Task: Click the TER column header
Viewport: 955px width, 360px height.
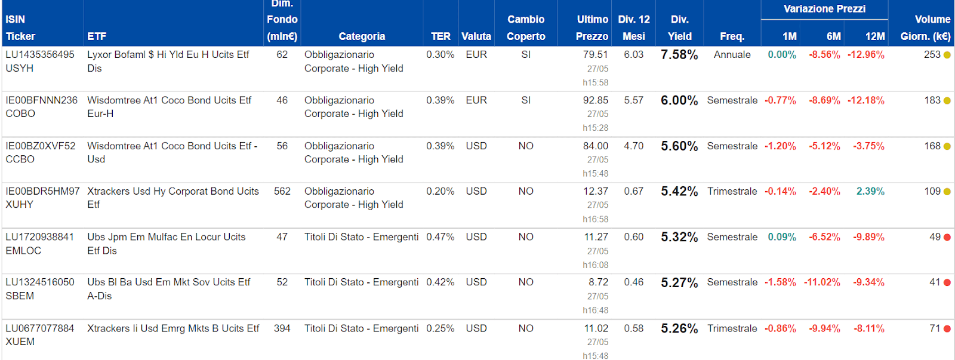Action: click(x=440, y=36)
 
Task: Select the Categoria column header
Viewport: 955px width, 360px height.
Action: click(x=361, y=36)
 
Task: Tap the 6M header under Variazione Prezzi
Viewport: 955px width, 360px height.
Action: click(x=833, y=36)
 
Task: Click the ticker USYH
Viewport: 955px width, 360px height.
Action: click(x=20, y=68)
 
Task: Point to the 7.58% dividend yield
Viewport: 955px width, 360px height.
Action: click(x=679, y=55)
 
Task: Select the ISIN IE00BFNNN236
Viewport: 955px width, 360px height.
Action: click(x=42, y=100)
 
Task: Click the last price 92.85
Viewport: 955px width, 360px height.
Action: click(x=595, y=100)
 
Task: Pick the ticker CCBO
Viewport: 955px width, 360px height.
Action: click(x=20, y=159)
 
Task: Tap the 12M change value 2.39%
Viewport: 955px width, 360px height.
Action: click(x=870, y=191)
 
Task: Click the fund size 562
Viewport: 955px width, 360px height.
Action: click(x=282, y=191)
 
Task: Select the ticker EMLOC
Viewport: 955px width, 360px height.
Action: click(x=23, y=251)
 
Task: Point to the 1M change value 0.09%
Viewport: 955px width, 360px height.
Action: click(x=782, y=237)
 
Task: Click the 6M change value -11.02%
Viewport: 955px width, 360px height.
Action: click(x=822, y=282)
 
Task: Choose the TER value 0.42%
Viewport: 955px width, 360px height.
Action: click(x=440, y=282)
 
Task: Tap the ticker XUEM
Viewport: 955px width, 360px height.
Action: click(x=20, y=341)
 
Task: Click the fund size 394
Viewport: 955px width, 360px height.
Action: click(x=282, y=328)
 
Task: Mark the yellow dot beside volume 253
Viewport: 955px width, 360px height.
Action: click(x=947, y=55)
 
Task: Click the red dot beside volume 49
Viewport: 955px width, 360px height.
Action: click(x=947, y=237)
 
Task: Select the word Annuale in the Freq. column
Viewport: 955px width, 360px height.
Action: click(x=732, y=55)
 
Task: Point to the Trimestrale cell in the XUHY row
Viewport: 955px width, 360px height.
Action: click(x=732, y=191)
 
